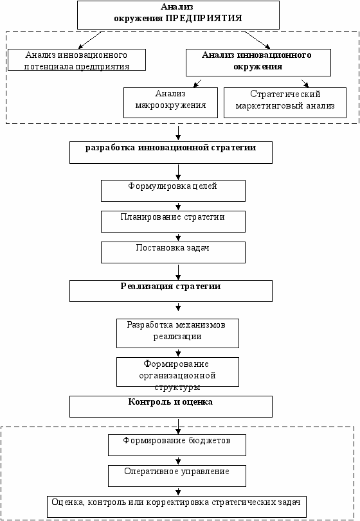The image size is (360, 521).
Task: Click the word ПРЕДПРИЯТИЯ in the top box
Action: [204, 18]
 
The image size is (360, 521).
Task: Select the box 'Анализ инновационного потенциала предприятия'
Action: [76, 60]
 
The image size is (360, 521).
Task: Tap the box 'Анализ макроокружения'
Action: [170, 103]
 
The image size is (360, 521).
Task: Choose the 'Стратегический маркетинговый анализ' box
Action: [285, 103]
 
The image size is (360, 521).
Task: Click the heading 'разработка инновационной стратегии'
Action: [171, 152]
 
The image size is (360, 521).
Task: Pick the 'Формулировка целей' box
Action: [173, 191]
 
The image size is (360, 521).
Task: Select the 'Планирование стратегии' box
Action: [173, 222]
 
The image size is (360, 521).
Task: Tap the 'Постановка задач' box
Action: [173, 252]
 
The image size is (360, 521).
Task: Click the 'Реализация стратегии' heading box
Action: [171, 291]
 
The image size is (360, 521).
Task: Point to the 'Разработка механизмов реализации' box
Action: [177, 333]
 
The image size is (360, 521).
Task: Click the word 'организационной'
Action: [177, 376]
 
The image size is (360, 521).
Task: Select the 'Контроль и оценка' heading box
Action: [171, 407]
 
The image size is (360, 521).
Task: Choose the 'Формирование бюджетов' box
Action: [177, 445]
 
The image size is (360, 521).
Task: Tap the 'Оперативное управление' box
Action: [177, 476]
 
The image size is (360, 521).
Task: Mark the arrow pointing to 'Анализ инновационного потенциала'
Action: [89, 40]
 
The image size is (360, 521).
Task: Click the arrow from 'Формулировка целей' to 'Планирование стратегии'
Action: [178, 206]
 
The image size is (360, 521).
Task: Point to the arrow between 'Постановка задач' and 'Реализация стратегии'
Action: [178, 272]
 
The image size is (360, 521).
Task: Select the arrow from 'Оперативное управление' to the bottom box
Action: [178, 491]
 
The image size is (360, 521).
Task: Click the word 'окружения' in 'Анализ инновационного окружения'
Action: [258, 67]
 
